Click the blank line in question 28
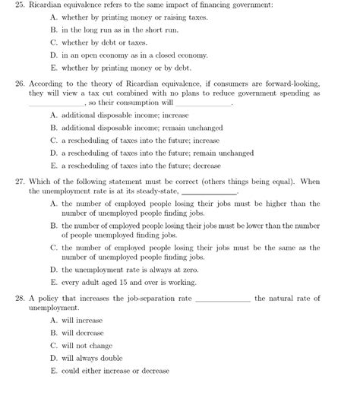coord(223,299)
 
